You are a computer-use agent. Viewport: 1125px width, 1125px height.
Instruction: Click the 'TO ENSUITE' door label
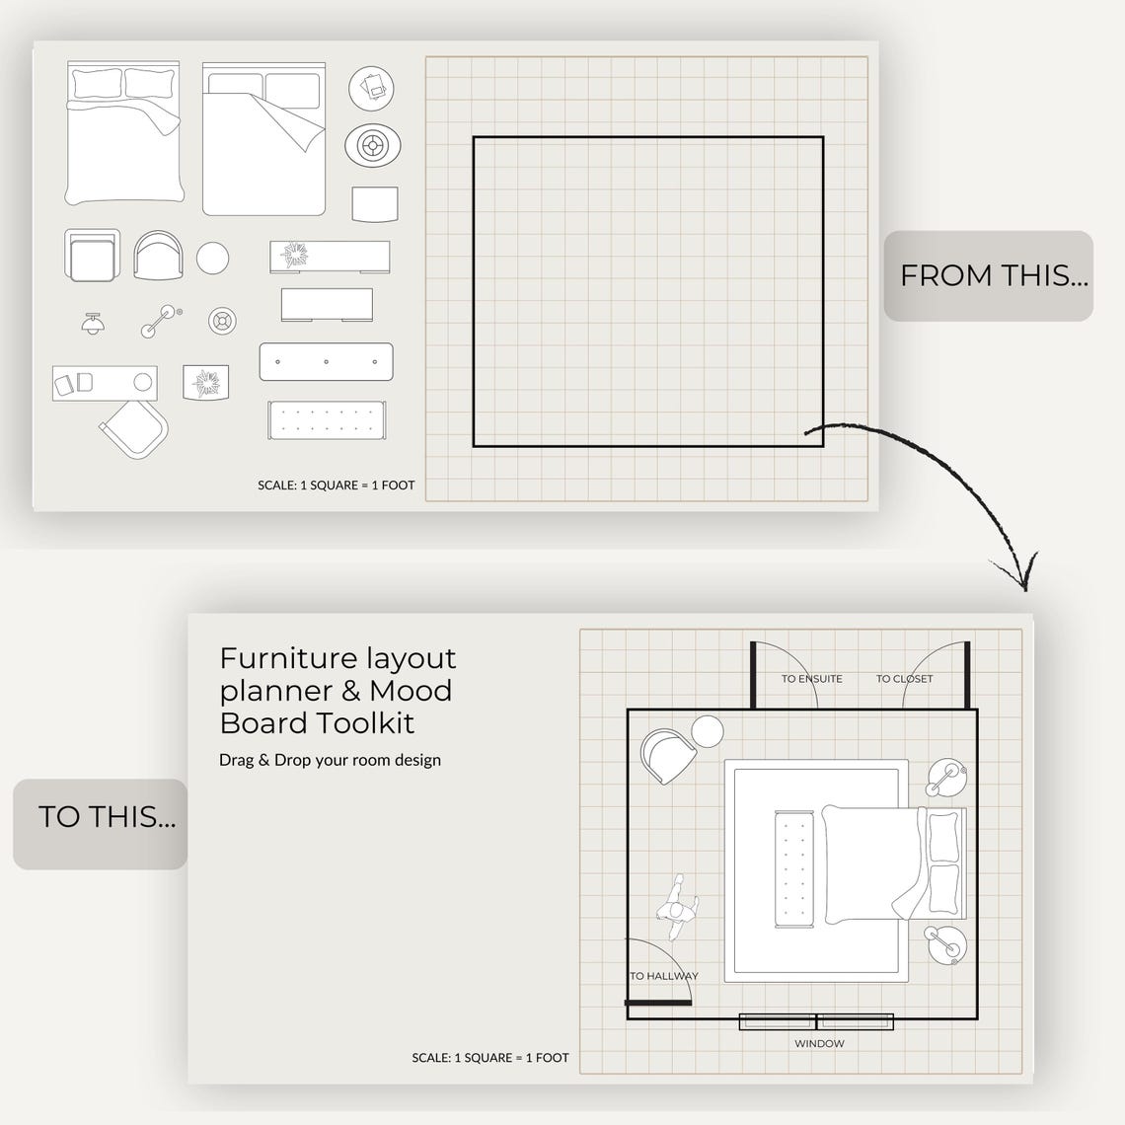[811, 679]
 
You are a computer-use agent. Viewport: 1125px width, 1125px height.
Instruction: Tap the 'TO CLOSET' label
[904, 679]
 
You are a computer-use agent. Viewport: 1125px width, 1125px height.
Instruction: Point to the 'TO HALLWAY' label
[664, 976]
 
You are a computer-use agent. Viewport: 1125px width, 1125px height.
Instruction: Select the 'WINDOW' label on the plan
[819, 1043]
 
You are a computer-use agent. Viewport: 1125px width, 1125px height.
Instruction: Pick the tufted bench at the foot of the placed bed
[792, 869]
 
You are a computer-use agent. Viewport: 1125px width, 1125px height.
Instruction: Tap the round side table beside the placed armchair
[707, 733]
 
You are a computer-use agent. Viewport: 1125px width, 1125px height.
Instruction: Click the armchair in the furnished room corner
[665, 755]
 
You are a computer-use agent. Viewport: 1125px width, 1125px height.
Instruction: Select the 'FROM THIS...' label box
[988, 275]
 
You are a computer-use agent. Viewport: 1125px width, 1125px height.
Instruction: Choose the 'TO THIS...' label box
[101, 817]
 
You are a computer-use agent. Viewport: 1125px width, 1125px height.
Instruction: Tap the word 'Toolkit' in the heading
[366, 723]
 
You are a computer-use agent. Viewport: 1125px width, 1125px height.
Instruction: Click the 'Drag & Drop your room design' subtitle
[330, 760]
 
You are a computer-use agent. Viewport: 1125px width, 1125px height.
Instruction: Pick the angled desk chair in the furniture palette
[134, 429]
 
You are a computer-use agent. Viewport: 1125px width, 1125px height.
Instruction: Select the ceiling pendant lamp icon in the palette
[94, 323]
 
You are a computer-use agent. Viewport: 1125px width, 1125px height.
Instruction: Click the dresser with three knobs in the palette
[326, 361]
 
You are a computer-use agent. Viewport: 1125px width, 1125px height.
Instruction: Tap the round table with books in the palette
[371, 89]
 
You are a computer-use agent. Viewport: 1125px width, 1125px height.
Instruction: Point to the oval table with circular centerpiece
[372, 146]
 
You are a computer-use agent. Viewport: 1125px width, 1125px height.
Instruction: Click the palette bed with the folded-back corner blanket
[263, 139]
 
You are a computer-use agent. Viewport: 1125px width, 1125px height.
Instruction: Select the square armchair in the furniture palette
[92, 256]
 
